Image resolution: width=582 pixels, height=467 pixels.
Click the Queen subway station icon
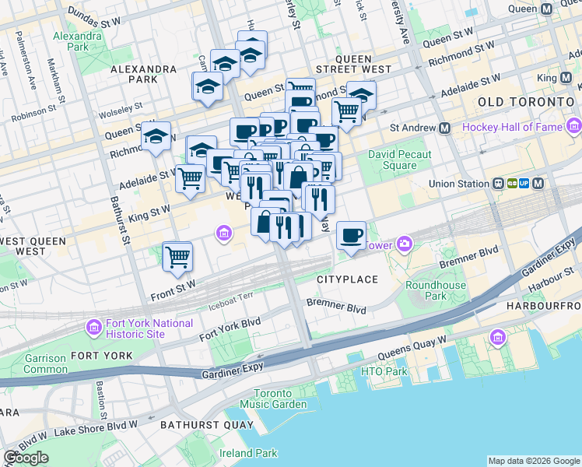(545, 9)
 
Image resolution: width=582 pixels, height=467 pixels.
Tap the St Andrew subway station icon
(445, 128)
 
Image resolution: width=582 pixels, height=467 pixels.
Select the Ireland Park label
(248, 453)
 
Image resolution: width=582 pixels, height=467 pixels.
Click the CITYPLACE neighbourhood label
(347, 279)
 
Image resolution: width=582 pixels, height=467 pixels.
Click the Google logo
(26, 457)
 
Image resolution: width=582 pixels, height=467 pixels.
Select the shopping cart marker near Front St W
(178, 255)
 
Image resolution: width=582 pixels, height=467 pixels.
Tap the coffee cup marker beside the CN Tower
(352, 234)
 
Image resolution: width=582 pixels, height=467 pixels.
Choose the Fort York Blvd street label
(230, 328)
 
